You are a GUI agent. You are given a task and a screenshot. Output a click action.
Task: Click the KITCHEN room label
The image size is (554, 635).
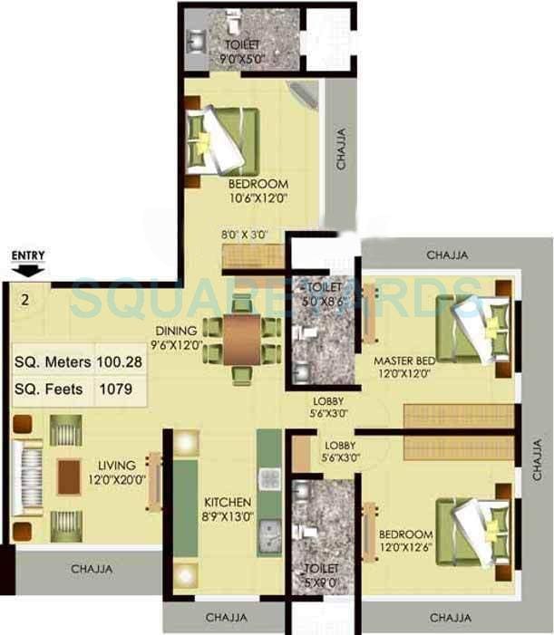pos(228,503)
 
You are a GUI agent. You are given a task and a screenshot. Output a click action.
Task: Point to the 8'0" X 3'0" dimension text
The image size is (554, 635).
pos(245,234)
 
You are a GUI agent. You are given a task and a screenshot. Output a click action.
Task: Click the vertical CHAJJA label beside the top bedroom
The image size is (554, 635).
pos(341,149)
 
